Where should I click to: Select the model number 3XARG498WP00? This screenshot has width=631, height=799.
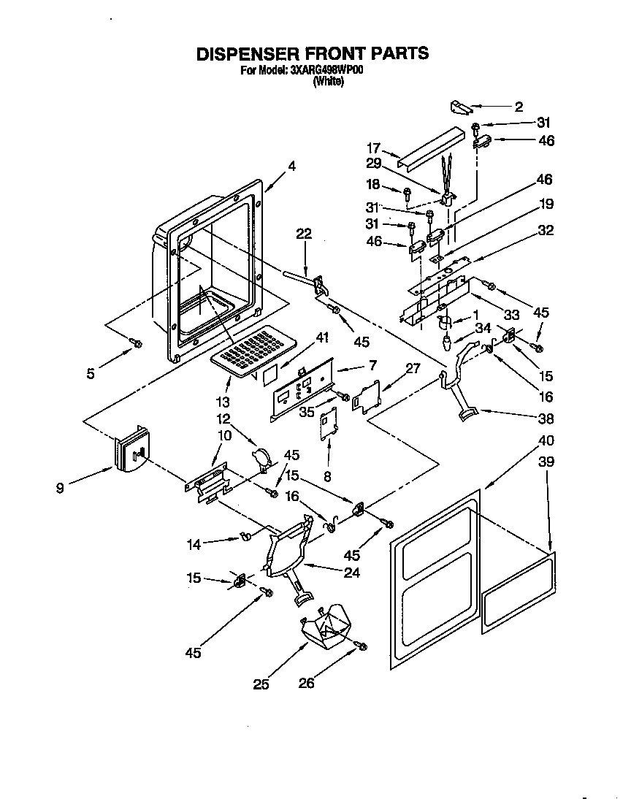click(x=326, y=71)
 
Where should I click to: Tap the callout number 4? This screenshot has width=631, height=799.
click(x=292, y=167)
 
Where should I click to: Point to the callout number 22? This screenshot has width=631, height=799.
click(x=303, y=234)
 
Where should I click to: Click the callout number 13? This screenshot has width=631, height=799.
click(x=223, y=402)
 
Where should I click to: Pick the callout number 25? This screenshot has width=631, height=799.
click(x=261, y=684)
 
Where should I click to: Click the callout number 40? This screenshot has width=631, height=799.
click(x=546, y=440)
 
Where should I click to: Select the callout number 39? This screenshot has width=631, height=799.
click(x=546, y=462)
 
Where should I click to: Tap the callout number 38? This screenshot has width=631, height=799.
click(x=546, y=419)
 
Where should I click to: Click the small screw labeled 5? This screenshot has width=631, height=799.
click(x=135, y=343)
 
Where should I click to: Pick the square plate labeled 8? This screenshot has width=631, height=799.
click(x=327, y=423)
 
